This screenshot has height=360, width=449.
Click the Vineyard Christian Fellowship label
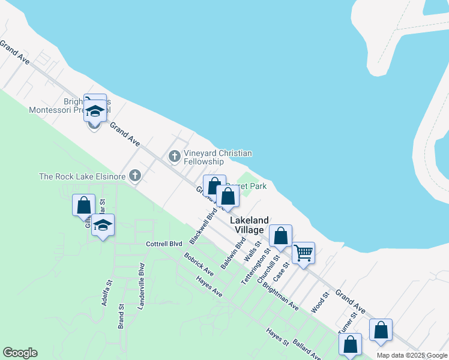click(218, 157)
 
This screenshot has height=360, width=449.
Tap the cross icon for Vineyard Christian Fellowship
click(175, 157)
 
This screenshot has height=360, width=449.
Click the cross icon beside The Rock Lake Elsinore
click(136, 176)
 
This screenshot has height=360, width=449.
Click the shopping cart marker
click(303, 253)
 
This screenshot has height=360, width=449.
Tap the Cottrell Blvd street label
click(164, 244)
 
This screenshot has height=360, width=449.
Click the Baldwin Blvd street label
click(234, 253)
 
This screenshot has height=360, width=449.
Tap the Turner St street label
click(348, 322)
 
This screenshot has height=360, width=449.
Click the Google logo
click(20, 353)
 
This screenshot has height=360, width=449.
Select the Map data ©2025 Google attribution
click(412, 355)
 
